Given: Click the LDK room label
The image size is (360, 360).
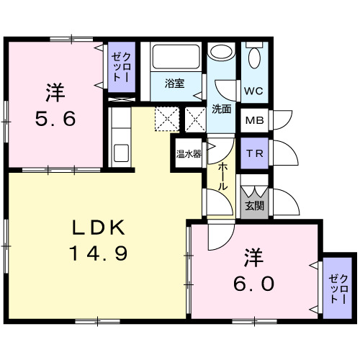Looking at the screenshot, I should pos(99,229).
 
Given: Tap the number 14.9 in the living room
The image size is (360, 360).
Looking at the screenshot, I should pos(99,253).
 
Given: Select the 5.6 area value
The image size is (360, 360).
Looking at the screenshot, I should pos(56,119).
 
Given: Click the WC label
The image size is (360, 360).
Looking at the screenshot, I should pos(253,91).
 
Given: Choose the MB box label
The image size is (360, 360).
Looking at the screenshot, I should pos(253,121).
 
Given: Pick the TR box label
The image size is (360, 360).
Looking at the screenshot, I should pos(253,153).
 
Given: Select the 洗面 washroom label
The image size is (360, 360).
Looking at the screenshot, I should pos(222,109).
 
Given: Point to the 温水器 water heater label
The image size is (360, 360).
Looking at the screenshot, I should pos(188,153).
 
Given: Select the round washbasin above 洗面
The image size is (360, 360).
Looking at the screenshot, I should pos(221,53).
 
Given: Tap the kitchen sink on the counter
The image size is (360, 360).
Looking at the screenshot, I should pos(120,153).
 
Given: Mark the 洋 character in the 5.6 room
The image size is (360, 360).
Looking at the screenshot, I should pos(56,92).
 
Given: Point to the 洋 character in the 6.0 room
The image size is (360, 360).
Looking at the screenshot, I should pos(251,256).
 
